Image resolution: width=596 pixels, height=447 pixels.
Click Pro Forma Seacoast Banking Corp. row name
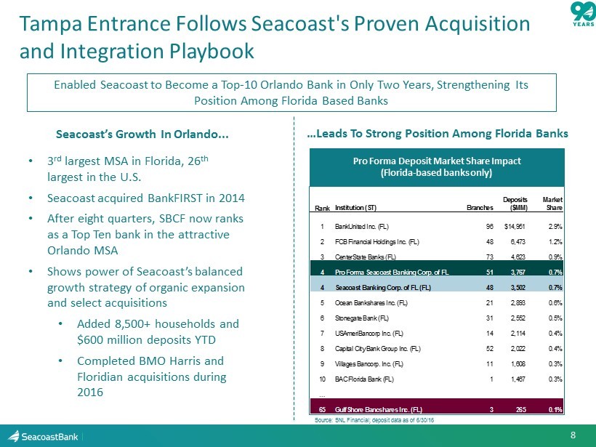392,273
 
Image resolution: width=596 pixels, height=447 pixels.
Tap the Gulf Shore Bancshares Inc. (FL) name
379,408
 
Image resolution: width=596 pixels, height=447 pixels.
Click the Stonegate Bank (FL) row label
361,318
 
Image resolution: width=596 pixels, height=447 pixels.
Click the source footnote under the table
369,420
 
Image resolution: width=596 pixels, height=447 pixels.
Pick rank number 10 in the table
321,379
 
